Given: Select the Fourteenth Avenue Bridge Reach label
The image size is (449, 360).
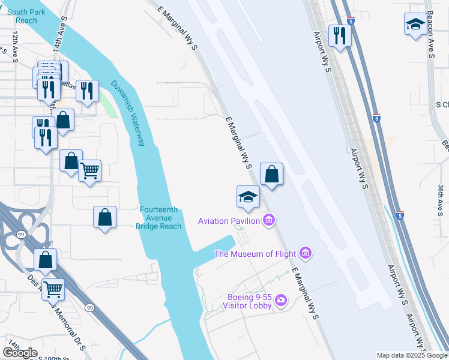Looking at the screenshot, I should (160, 218).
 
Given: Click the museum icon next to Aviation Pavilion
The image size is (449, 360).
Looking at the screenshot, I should (269, 221).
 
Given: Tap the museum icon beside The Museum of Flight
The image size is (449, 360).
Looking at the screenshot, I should (306, 254).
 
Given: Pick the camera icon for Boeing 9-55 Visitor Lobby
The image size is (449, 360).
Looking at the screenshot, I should (280, 301).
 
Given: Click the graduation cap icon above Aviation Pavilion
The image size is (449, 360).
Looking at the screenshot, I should (248, 196).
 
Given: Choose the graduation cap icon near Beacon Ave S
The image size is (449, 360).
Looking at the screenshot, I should (415, 25).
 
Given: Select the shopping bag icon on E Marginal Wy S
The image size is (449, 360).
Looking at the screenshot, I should (271, 174).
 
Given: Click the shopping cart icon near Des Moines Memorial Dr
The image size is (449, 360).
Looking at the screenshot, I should (53, 289).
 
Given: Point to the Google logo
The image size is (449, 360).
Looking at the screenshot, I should (20, 352).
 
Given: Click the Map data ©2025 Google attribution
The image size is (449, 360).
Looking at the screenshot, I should (411, 355).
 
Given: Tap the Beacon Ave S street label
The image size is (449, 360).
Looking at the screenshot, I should (430, 37).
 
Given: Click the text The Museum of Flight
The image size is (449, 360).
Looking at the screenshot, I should (255, 254).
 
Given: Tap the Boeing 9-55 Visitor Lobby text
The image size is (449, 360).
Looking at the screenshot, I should (248, 301).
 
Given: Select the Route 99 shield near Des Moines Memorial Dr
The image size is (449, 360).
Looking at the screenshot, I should (89, 308).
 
